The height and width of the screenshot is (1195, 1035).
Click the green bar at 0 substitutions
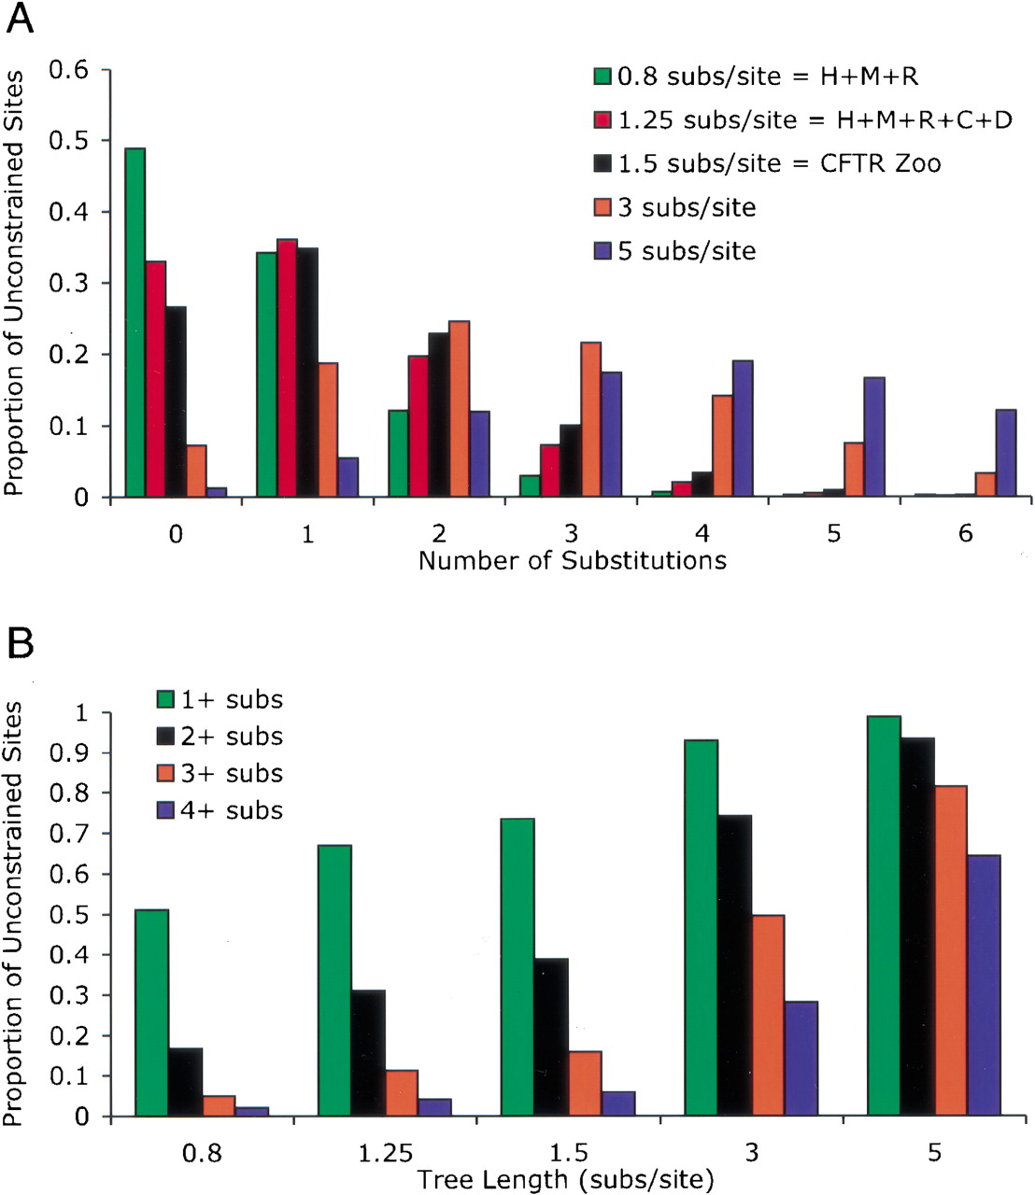pos(135,322)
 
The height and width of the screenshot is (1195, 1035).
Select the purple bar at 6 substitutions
pos(1005,453)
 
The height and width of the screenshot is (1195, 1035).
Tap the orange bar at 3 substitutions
pos(590,419)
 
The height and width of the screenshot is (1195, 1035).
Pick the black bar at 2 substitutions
pos(438,415)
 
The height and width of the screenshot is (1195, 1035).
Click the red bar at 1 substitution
pos(287,368)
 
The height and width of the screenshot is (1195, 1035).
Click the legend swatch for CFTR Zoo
pos(603,164)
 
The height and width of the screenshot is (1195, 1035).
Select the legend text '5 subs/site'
pos(687,251)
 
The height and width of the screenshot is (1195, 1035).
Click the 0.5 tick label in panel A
pos(68,140)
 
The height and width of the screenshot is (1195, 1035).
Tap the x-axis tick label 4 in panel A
pos(702,533)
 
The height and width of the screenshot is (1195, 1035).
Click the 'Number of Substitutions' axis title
pos(573,560)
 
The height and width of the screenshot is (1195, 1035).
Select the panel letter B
pos(20,644)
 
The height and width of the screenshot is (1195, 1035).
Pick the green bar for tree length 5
pos(884,916)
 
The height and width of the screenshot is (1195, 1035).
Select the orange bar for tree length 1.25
pos(401,1092)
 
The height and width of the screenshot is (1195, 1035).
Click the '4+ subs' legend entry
pos(220,810)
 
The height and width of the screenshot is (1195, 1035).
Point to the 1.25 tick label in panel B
pos(385,1153)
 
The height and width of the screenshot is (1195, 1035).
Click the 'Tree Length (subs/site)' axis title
pos(564,1180)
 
